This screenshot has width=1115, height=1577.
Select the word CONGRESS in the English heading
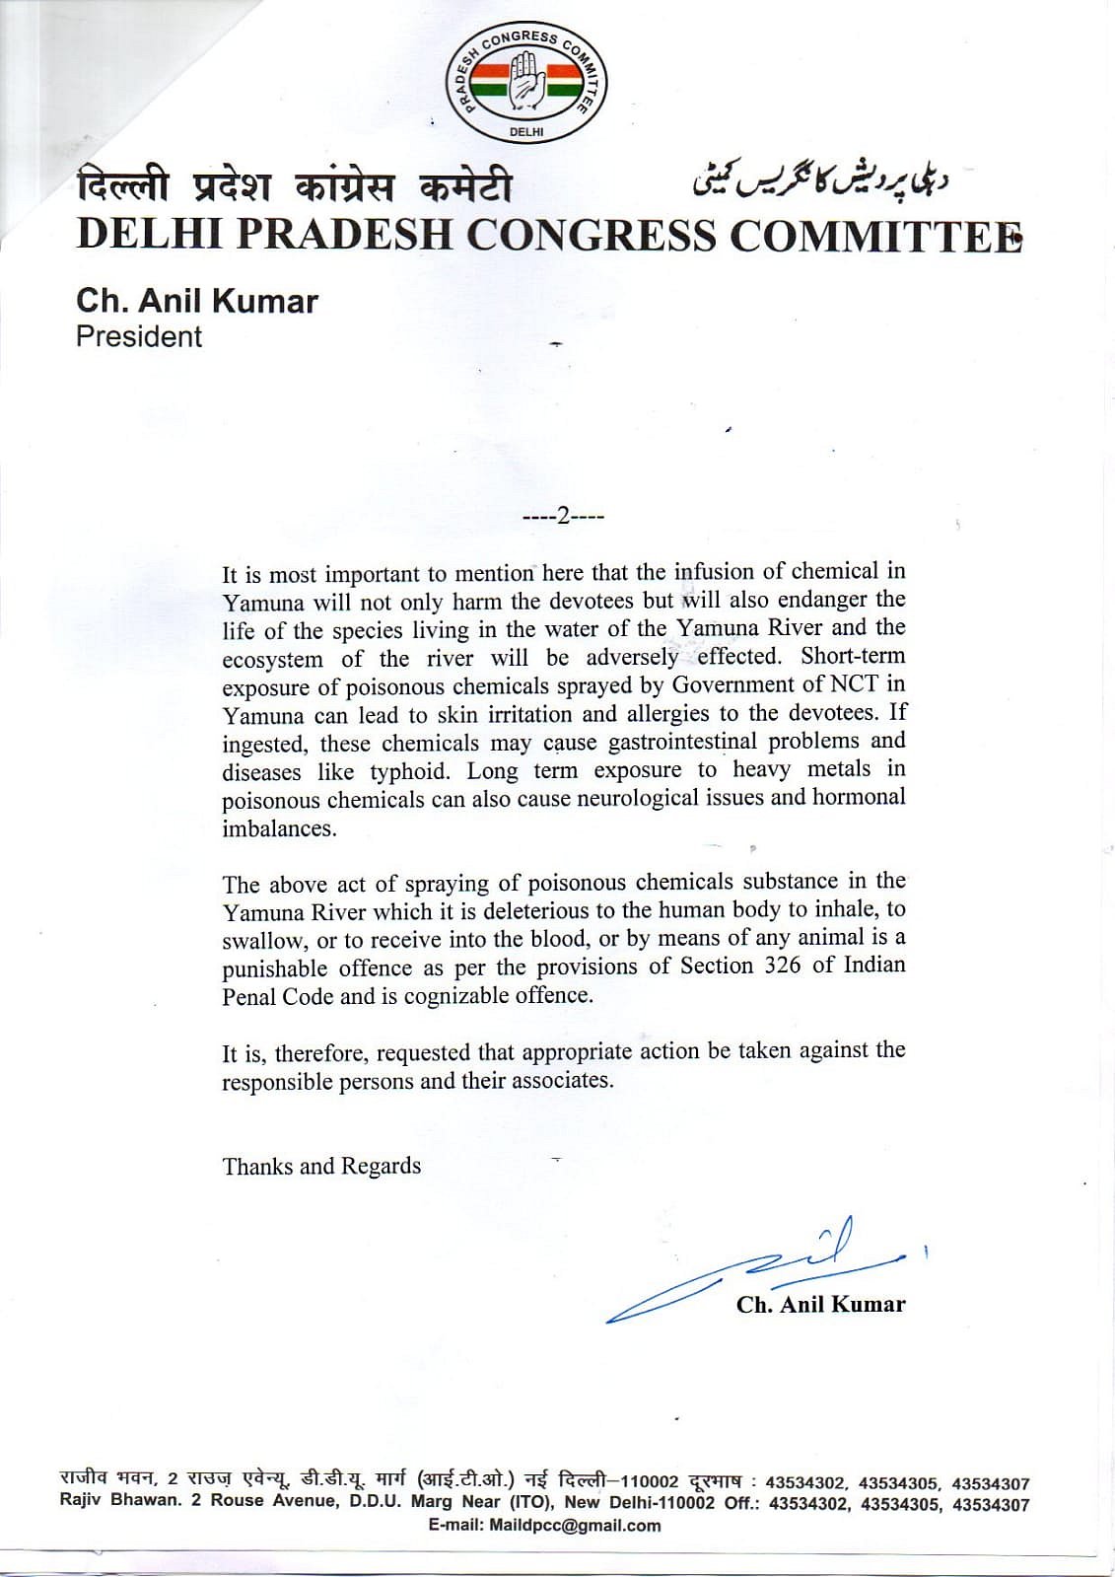tap(591, 235)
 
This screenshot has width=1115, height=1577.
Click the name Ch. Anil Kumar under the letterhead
tap(197, 301)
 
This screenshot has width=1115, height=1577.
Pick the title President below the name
tap(139, 336)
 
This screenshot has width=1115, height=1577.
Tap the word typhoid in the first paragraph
tap(413, 771)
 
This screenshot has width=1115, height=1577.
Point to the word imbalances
tap(279, 828)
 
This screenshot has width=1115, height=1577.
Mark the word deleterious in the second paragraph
tap(506, 909)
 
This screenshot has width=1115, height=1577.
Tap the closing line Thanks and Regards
tap(321, 1166)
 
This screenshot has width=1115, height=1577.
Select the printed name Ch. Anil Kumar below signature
tap(820, 1304)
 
